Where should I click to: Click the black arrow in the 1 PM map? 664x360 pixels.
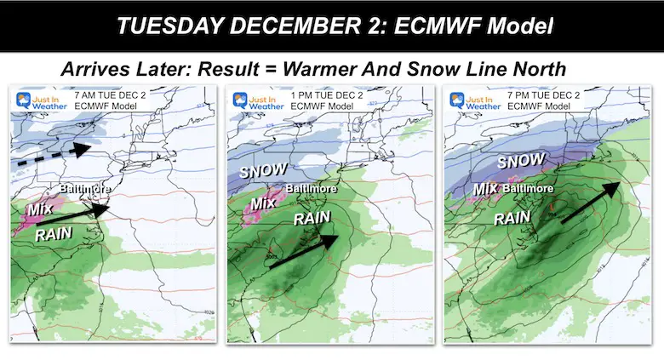pyautogui.click(x=301, y=250)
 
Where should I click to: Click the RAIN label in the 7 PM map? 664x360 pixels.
pyautogui.click(x=512, y=218)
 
